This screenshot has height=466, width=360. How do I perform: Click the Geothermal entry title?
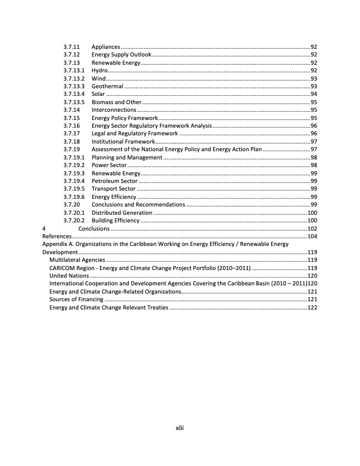pyautogui.click(x=107, y=86)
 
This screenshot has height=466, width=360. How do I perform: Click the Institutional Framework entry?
pyautogui.click(x=123, y=142)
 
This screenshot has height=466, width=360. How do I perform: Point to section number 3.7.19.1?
pyautogui.click(x=74, y=158)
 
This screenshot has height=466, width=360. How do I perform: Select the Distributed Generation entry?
pyautogui.click(x=122, y=212)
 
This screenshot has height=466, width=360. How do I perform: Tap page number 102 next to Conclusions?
pyautogui.click(x=312, y=228)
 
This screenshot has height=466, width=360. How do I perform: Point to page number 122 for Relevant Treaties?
pyautogui.click(x=312, y=307)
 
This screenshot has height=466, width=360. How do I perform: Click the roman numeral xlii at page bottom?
pyautogui.click(x=181, y=428)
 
